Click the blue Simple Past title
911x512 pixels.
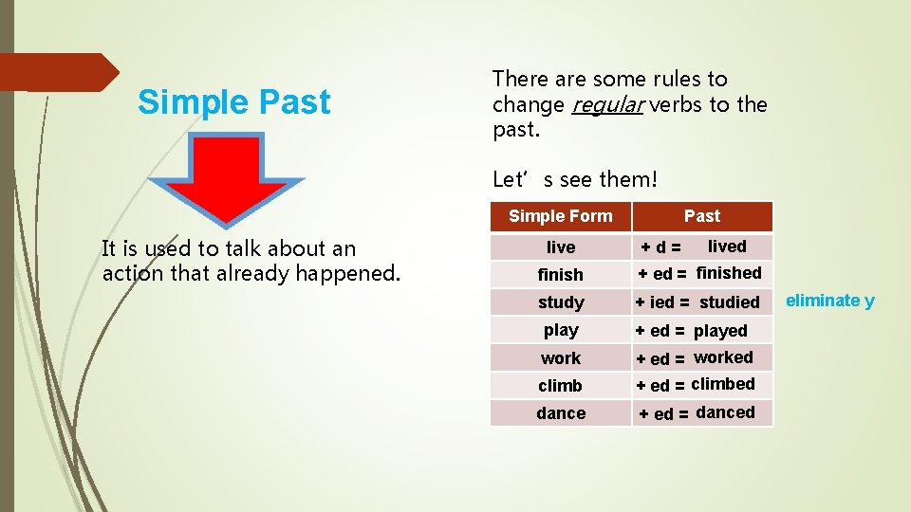click(233, 102)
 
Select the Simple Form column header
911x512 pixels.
click(560, 216)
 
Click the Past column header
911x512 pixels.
click(702, 216)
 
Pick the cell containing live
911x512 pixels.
click(561, 247)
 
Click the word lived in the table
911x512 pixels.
click(727, 247)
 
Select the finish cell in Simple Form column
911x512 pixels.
click(561, 275)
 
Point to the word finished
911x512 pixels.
click(729, 273)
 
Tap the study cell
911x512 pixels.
click(561, 302)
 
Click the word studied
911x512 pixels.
click(730, 302)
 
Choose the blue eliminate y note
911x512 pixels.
click(830, 301)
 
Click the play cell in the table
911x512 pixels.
click(561, 330)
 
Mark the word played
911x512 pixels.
click(720, 331)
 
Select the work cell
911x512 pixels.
click(561, 358)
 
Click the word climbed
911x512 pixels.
click(723, 384)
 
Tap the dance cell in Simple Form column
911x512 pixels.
click(561, 413)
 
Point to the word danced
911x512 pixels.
click(725, 412)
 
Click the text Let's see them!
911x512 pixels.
click(574, 178)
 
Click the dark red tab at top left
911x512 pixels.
click(57, 72)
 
